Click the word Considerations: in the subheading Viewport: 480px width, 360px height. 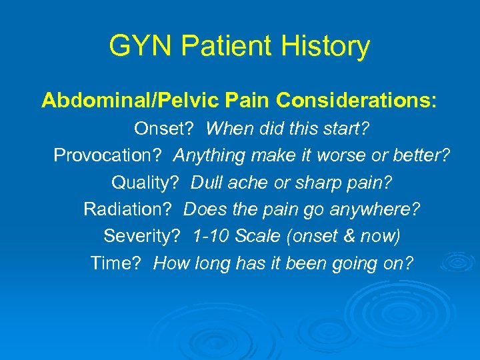357,101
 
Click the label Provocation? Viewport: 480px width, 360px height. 109,155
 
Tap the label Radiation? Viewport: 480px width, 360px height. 129,209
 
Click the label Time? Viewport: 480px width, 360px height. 116,263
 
